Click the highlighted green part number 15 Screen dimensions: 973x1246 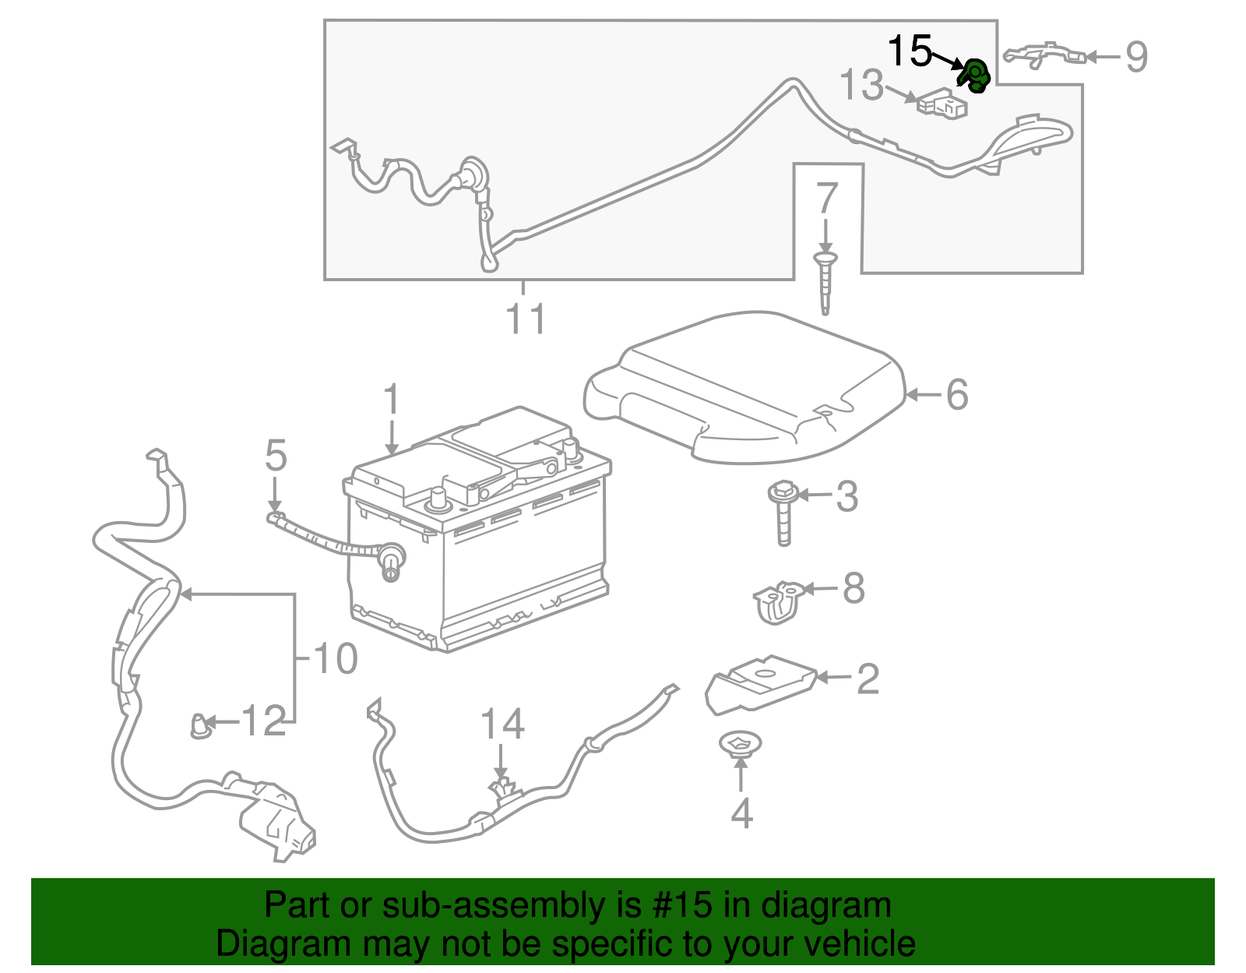[973, 76]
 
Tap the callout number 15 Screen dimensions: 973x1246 [910, 51]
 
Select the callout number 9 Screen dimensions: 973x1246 [1136, 57]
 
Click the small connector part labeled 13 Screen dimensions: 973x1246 [942, 104]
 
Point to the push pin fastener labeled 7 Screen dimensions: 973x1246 [825, 280]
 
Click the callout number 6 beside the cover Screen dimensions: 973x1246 [957, 394]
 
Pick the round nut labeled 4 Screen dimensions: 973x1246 [740, 744]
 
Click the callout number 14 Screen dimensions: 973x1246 [502, 724]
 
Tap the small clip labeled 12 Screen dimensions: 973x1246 [200, 727]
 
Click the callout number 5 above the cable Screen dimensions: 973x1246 [276, 456]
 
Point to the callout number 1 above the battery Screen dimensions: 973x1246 [391, 400]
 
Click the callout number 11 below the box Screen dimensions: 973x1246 [526, 319]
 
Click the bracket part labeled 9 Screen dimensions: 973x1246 [1044, 55]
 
